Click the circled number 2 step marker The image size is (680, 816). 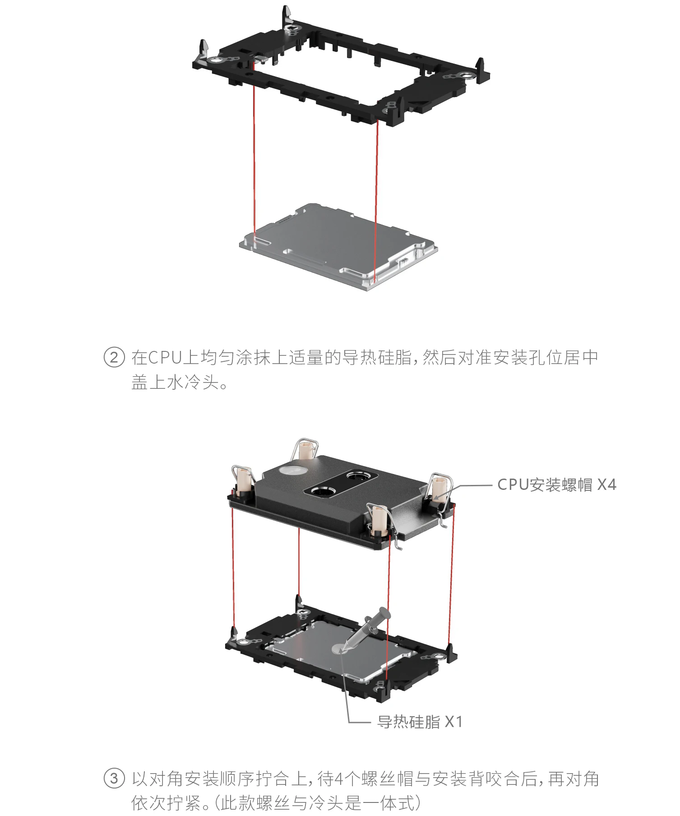point(114,358)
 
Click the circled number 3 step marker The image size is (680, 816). point(114,779)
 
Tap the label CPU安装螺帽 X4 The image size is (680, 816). point(556,485)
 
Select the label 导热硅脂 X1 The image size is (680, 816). point(420,722)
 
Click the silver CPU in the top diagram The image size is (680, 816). point(338,246)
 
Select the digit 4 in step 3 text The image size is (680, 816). point(339,779)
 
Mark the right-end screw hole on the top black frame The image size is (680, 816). point(465,76)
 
